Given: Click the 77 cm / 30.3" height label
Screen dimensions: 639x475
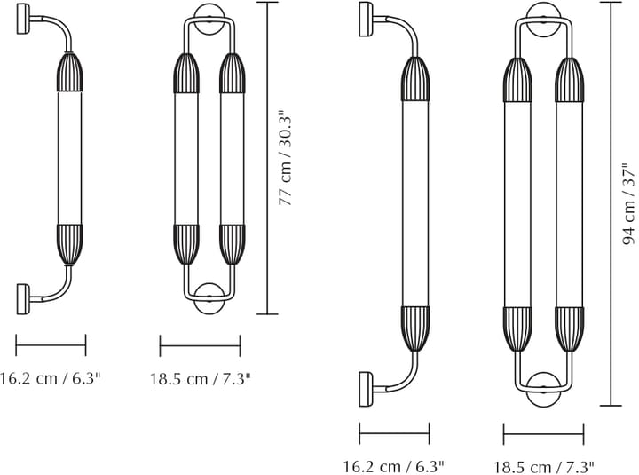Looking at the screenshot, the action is click(286, 157).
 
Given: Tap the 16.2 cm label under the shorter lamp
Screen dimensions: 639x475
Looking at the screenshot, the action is click(50, 378).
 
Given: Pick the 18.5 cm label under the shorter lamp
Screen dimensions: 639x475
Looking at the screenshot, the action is click(200, 379).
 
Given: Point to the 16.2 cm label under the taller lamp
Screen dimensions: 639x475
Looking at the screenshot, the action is click(393, 465).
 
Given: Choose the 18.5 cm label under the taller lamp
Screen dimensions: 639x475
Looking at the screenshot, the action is click(544, 466).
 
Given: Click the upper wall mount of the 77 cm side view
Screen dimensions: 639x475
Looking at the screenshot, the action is click(23, 19).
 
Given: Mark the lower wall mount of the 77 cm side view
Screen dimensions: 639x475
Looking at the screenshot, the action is click(23, 299).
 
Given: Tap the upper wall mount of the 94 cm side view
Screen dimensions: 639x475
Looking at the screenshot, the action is click(366, 20).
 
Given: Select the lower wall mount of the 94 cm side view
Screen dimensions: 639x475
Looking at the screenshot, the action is click(366, 390).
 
